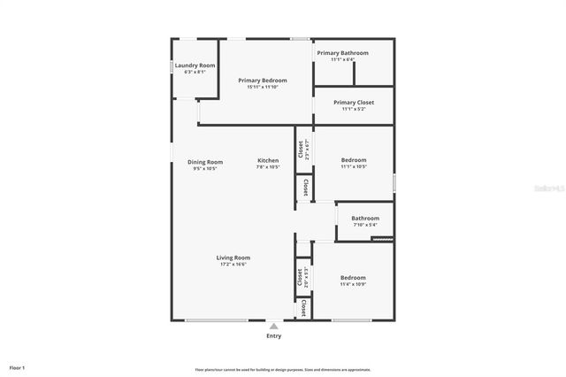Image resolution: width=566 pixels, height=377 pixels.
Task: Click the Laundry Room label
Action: click(x=195, y=65)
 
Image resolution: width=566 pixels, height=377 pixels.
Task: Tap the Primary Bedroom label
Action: click(x=263, y=81)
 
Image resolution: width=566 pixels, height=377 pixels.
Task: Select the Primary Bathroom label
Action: click(x=342, y=53)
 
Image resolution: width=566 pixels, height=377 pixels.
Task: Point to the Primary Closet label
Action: click(x=354, y=103)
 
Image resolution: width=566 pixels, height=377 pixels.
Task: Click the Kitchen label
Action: click(x=268, y=160)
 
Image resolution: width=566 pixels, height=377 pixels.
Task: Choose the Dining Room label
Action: click(x=205, y=162)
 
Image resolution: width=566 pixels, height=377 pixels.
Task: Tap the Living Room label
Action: click(x=233, y=258)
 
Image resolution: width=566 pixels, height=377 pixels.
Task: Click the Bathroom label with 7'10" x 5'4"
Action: click(x=365, y=219)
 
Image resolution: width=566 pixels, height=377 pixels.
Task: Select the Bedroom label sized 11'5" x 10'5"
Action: click(x=354, y=160)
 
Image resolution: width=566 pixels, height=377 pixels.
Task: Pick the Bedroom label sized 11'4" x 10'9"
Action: click(x=353, y=278)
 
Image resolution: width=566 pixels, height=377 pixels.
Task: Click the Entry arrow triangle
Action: click(x=274, y=326)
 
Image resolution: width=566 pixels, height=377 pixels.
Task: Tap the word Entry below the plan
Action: click(x=274, y=336)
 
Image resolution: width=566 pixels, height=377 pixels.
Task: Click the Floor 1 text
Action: click(x=17, y=367)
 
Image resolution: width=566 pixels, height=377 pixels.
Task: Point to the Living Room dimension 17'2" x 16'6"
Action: click(x=233, y=264)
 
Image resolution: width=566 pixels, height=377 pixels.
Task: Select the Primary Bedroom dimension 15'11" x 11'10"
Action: click(x=263, y=87)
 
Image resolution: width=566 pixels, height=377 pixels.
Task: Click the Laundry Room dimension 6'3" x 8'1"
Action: click(x=195, y=72)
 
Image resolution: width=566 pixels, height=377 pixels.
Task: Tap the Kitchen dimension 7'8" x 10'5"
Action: click(x=268, y=166)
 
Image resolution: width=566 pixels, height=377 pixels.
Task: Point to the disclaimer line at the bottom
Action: click(x=283, y=370)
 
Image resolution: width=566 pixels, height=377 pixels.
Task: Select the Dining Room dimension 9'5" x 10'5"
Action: click(x=205, y=168)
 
